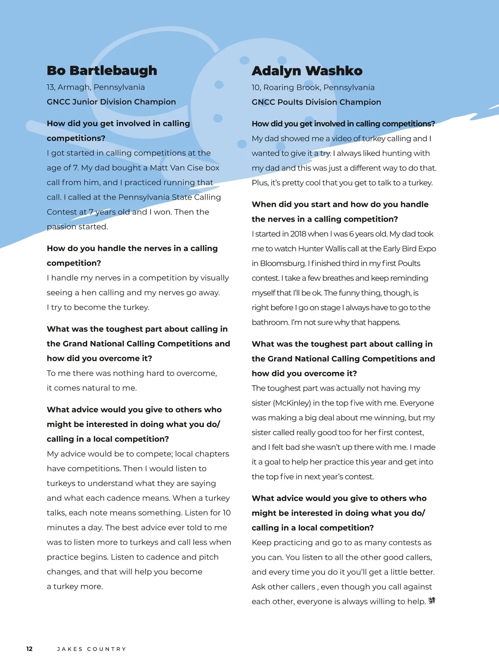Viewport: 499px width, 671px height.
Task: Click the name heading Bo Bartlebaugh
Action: [102, 70]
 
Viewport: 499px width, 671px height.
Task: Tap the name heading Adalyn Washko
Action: [307, 71]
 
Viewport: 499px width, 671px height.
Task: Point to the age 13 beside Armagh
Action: [51, 87]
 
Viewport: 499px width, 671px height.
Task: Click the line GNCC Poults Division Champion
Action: [316, 102]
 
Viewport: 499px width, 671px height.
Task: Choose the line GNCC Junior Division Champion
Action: [111, 102]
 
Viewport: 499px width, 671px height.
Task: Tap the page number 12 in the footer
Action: [29, 649]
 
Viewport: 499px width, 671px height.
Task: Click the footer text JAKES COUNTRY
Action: [91, 649]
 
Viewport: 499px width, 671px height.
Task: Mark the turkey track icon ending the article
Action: [432, 601]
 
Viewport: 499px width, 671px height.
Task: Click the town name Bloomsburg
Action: [283, 263]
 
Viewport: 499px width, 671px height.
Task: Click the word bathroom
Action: [270, 322]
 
